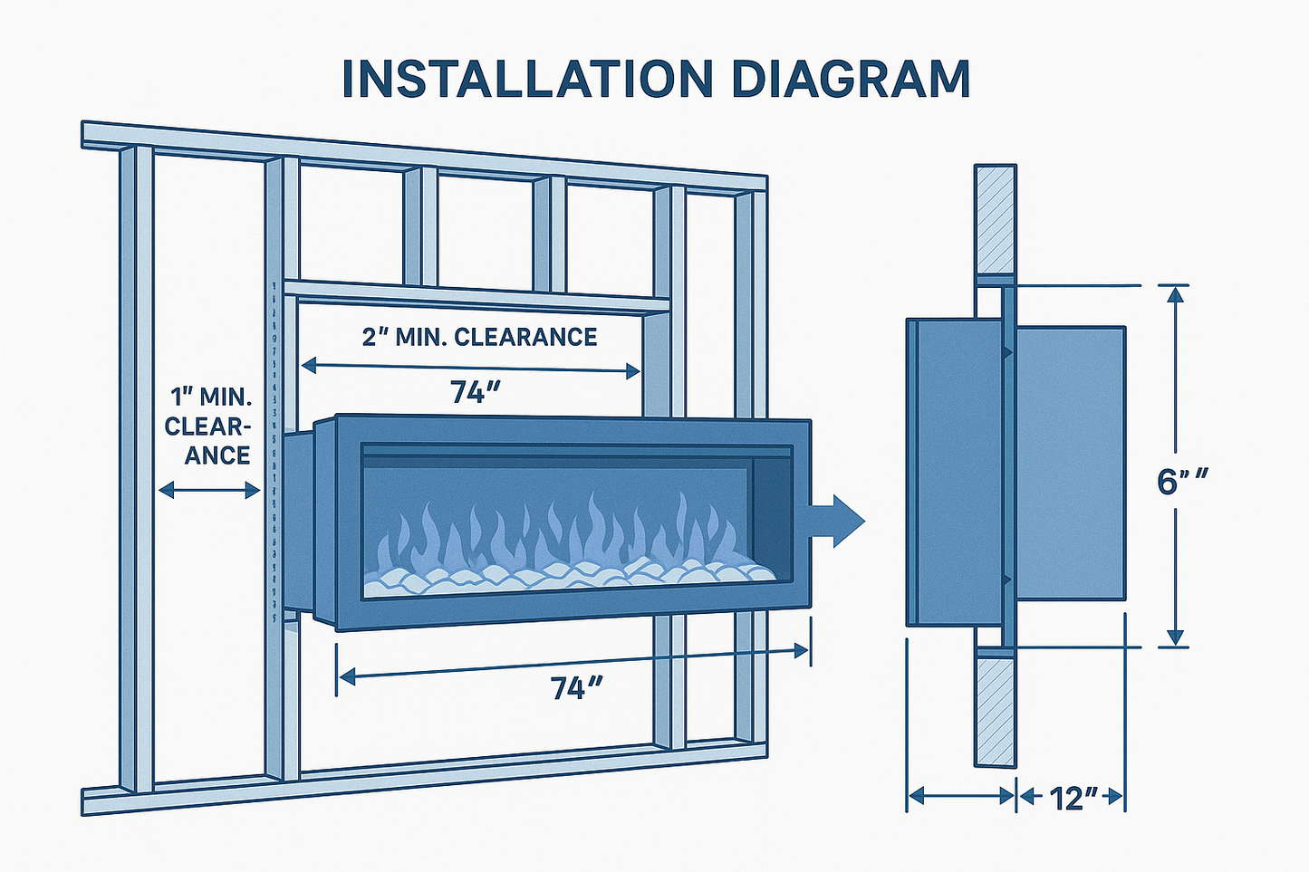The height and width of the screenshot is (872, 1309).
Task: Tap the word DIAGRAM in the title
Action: (x=850, y=79)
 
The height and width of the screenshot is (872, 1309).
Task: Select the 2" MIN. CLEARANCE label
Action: (x=479, y=337)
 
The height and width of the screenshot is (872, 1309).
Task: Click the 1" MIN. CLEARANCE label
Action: (x=209, y=425)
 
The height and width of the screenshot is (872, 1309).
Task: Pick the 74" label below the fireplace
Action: (x=577, y=688)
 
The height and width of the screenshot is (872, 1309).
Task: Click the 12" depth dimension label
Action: (x=1073, y=798)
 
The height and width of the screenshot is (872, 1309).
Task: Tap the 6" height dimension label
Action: (x=1183, y=482)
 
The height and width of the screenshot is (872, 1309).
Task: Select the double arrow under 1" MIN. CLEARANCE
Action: (x=209, y=491)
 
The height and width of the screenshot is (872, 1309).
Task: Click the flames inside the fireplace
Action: (x=562, y=534)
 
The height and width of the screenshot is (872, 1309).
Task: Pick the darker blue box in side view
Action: (x=953, y=471)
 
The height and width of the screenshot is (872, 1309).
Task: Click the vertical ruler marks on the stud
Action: (x=274, y=453)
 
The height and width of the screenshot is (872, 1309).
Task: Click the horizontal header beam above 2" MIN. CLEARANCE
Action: (x=476, y=296)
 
